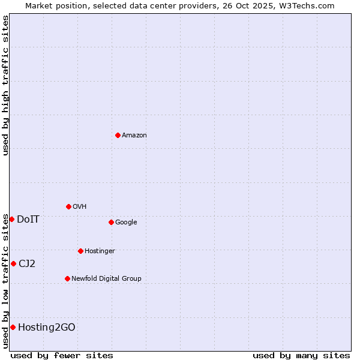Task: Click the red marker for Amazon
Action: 118,135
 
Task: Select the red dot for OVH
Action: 68,206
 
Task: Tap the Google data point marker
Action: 111,222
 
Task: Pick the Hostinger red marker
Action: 80,251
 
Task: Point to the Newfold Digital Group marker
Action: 67,278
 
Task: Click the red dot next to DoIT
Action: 11,219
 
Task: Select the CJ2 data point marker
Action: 13,263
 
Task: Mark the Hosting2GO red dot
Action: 13,327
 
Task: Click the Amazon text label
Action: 134,135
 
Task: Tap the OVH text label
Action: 80,206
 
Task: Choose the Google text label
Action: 126,222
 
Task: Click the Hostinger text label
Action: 100,251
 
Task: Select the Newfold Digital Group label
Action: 106,278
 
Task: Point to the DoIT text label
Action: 28,219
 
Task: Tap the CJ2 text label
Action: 27,263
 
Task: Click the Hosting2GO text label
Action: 47,327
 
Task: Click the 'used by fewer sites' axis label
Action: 62,355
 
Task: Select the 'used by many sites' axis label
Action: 301,355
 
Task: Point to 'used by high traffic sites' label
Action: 5,85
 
